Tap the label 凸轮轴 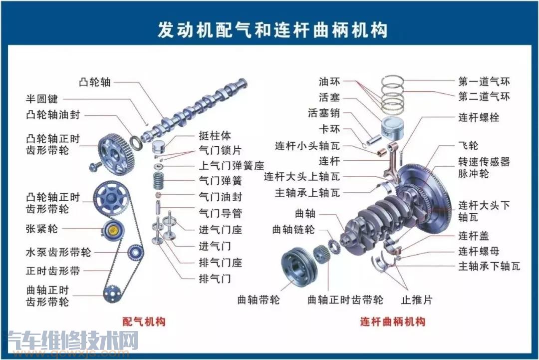[x=95, y=82]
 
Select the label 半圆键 [x=42, y=99]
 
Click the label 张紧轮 [x=42, y=229]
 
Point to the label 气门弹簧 [x=220, y=181]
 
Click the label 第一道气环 [x=484, y=81]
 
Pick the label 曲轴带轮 [x=259, y=300]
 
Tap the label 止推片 [x=417, y=300]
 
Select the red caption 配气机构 [x=144, y=322]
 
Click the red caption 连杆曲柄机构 [x=393, y=322]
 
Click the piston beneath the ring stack [x=392, y=129]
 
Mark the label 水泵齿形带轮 [x=59, y=252]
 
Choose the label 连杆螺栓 [x=479, y=118]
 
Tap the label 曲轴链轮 [x=293, y=229]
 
